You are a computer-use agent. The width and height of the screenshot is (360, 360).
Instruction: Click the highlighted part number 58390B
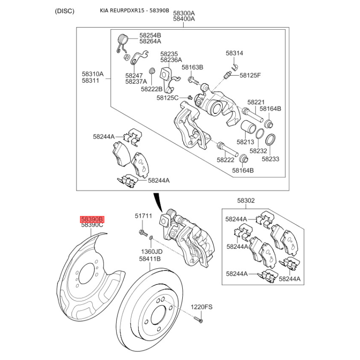tap(92, 219)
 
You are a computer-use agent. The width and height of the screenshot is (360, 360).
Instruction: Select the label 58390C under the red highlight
tap(92, 225)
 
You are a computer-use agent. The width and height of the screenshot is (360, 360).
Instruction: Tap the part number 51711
tap(144, 216)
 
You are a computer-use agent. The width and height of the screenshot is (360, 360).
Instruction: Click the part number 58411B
tap(150, 259)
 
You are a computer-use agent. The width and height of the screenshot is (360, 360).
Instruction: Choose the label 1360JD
tap(151, 252)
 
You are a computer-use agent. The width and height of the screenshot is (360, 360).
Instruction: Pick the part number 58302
tap(246, 201)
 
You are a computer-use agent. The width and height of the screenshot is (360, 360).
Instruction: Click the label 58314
tap(234, 53)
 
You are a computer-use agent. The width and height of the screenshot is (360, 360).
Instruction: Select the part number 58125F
tap(250, 75)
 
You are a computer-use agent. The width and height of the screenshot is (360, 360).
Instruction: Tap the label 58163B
tap(193, 67)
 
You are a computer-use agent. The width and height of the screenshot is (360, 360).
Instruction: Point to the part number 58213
tap(246, 142)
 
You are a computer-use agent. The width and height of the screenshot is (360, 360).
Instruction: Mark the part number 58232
tap(259, 151)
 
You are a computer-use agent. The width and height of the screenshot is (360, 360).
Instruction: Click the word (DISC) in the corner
tap(65, 11)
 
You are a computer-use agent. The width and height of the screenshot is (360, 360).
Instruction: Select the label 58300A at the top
tap(184, 13)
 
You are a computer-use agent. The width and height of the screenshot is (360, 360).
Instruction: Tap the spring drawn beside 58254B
tap(123, 44)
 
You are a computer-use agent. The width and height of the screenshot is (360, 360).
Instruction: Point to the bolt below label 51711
tap(142, 232)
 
